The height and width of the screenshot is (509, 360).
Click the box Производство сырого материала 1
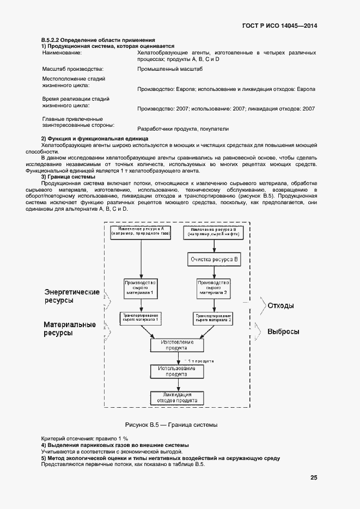tap(141, 288)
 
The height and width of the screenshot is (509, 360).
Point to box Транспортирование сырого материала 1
tap(141, 318)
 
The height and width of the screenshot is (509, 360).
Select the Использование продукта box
tap(176, 371)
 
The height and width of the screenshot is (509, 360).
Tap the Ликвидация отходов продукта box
tap(176, 397)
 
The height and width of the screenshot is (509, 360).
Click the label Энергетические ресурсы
tap(72, 296)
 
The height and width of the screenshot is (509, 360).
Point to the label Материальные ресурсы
tap(70, 329)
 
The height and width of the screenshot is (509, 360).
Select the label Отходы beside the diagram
tap(280, 305)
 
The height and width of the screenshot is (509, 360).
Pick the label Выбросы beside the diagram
tap(283, 332)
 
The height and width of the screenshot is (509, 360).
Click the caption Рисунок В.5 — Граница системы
tap(171, 424)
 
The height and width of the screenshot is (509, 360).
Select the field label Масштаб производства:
tap(72, 69)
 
